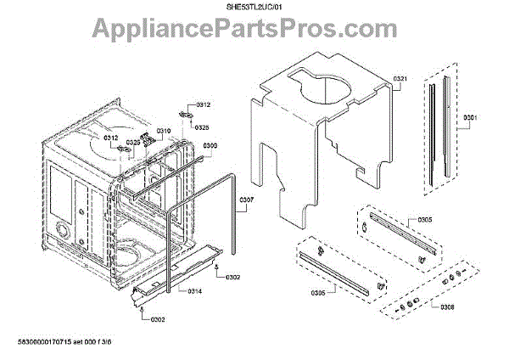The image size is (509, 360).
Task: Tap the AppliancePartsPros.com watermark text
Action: [254, 31]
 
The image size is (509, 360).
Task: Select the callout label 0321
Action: [401, 79]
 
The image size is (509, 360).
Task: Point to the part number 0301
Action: [470, 117]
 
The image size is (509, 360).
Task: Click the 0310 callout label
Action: [164, 131]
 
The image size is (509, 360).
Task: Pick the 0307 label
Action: [246, 201]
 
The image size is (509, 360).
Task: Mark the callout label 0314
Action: [194, 291]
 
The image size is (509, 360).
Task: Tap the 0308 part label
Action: [449, 307]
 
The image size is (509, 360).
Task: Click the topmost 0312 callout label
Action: [203, 104]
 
